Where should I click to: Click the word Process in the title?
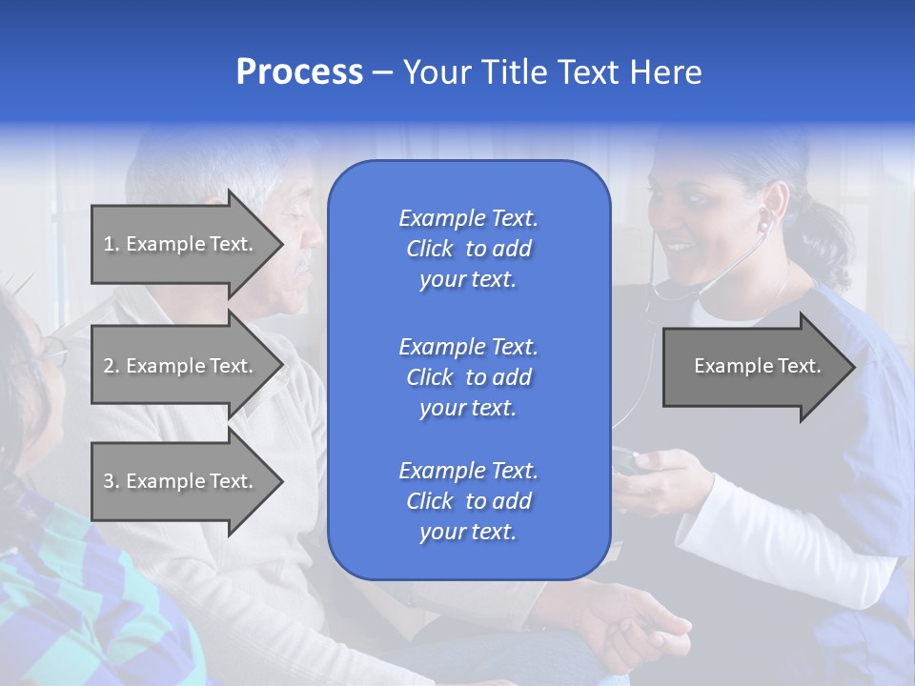point(299,72)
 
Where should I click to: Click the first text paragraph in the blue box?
point(468,249)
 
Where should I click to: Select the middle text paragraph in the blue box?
point(468,377)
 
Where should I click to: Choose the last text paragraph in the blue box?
point(468,501)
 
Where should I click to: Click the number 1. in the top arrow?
point(112,244)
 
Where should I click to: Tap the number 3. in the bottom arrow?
point(112,481)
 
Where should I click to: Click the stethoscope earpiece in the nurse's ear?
point(762,225)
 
